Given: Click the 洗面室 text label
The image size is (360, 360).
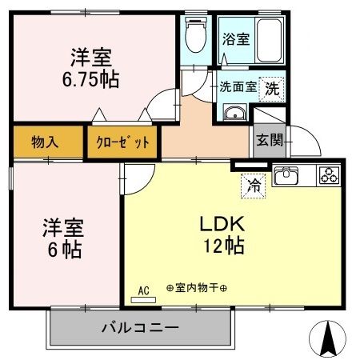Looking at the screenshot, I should (x=238, y=88).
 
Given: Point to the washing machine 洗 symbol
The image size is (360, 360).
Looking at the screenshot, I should (x=274, y=88).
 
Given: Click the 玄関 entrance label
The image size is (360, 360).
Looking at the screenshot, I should (x=267, y=140).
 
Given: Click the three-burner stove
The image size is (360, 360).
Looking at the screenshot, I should (x=329, y=176).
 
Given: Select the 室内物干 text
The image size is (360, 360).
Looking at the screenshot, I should (x=196, y=287).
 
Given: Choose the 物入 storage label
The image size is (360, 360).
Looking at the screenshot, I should (x=44, y=143).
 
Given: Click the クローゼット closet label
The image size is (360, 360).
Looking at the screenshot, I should (x=122, y=143).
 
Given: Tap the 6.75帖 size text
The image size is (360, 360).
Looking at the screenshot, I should (x=90, y=81).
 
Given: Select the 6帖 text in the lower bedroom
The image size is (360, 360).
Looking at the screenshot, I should (x=62, y=250).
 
